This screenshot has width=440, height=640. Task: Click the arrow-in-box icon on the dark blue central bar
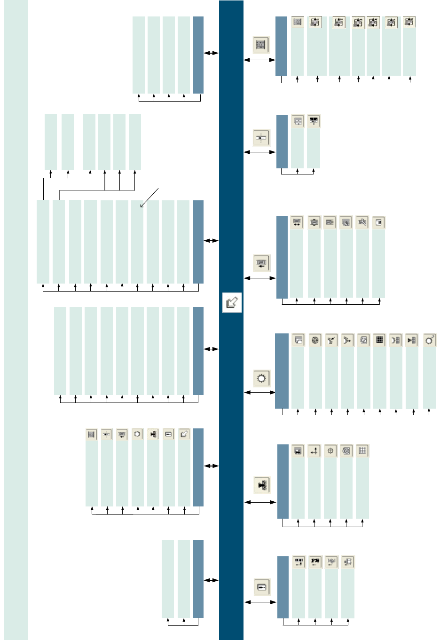coord(232,302)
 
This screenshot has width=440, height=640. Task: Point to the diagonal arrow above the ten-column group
coord(149,198)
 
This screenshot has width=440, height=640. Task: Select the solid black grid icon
coord(380,340)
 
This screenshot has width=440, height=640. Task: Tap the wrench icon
coord(361,222)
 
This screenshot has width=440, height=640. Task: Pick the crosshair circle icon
coord(330,451)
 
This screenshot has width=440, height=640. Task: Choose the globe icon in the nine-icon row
coord(315,340)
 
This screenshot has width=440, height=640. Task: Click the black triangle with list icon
coord(412,340)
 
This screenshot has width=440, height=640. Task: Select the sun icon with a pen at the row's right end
coord(429,340)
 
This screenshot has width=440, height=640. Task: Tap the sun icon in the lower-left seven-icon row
coord(137,435)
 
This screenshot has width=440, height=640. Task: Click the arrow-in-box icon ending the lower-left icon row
coord(184,435)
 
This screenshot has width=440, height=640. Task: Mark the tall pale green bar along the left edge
coord(16,320)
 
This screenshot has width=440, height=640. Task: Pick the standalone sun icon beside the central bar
coord(261,378)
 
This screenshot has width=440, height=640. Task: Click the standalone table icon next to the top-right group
coord(261,45)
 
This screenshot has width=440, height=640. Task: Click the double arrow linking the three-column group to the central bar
coord(211,580)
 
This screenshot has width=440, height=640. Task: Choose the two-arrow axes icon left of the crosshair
coord(314,451)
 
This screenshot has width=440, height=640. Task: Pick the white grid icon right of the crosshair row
coord(362,451)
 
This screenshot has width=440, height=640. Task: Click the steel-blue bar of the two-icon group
coord(282,142)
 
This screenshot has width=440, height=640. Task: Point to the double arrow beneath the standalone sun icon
coord(260,392)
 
